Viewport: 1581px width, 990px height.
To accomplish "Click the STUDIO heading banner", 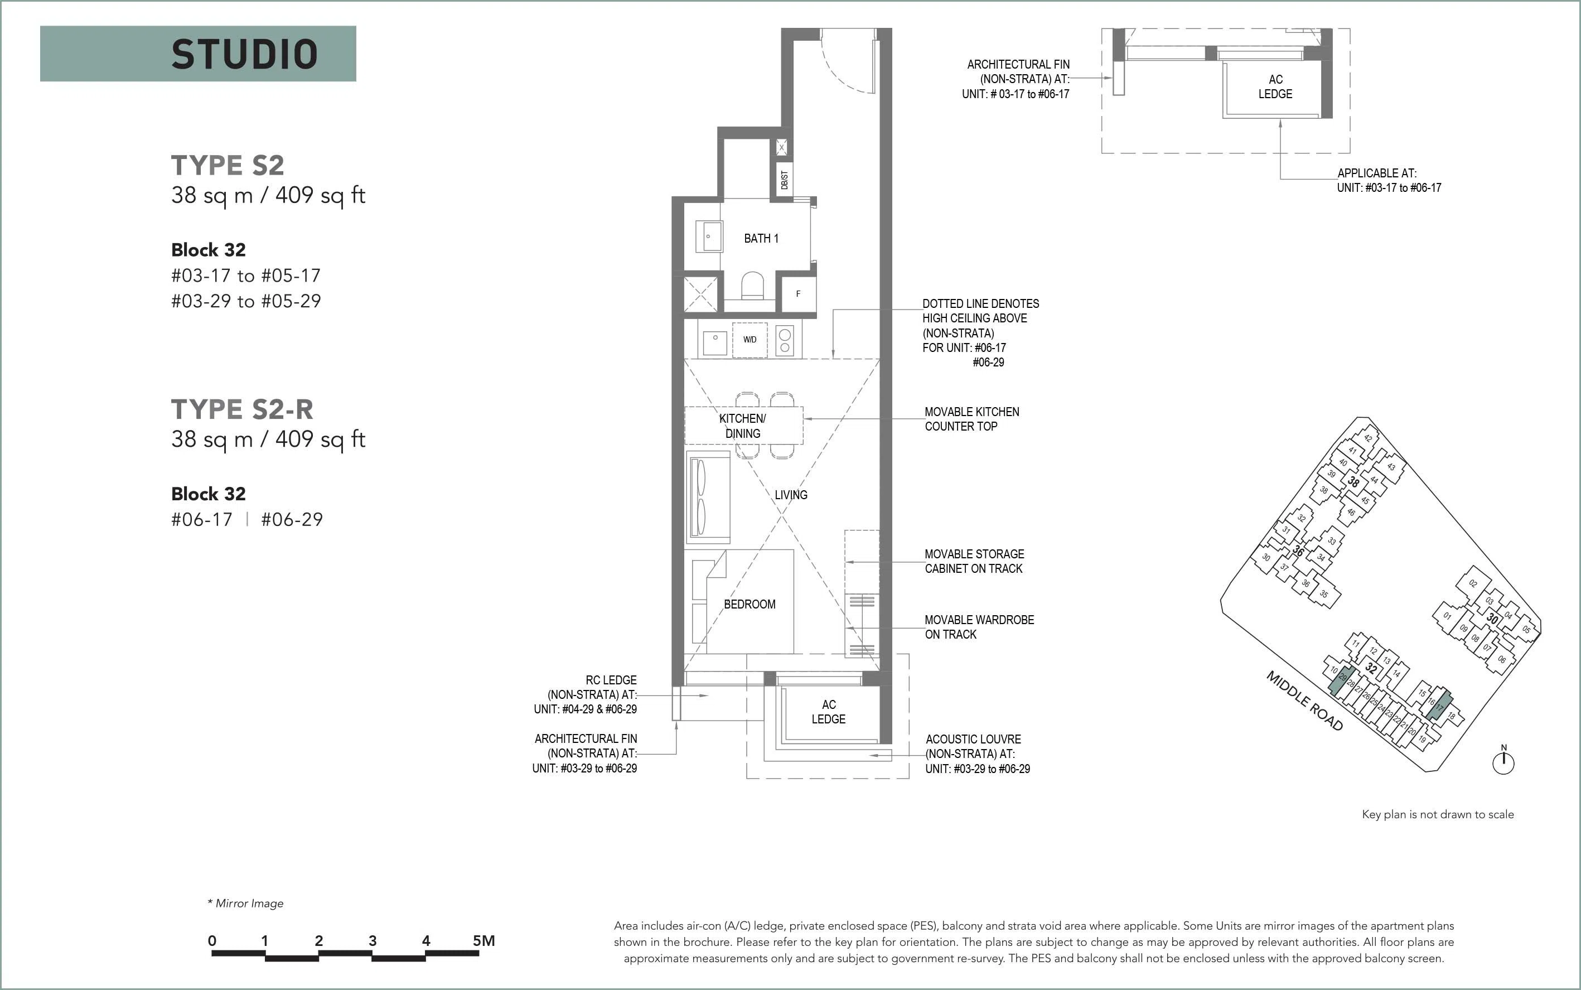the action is [x=198, y=54].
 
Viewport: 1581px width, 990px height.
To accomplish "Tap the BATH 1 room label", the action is [x=761, y=238].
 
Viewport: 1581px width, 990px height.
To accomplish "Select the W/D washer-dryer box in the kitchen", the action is [x=750, y=340].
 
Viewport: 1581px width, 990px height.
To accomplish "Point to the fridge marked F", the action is [x=797, y=294].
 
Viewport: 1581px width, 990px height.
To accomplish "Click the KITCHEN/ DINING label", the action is [x=742, y=426].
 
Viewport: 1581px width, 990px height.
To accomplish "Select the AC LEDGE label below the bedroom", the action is [x=829, y=712].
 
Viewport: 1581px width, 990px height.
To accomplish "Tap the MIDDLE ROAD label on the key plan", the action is [x=1304, y=701].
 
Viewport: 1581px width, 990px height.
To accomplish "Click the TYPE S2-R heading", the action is [x=242, y=409].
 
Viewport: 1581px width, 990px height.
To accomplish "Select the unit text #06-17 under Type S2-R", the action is [x=202, y=520].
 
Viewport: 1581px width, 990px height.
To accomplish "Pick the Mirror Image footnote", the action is [x=245, y=904].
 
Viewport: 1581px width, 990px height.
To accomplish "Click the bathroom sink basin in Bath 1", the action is [x=712, y=236].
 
